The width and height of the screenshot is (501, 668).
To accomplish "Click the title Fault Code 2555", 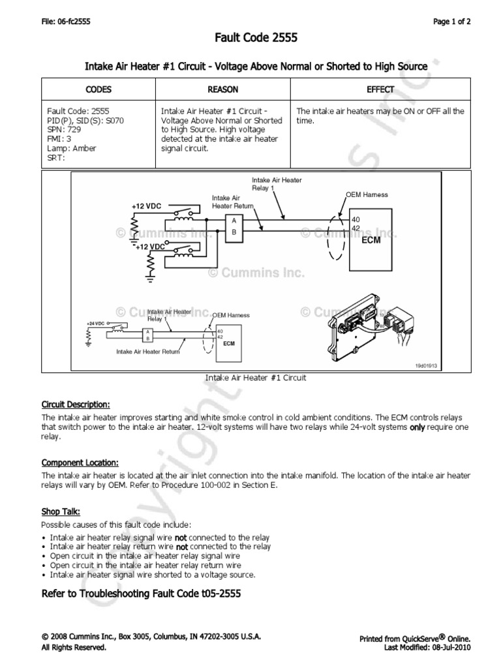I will (x=256, y=38).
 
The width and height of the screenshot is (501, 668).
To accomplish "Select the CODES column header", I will (x=99, y=89).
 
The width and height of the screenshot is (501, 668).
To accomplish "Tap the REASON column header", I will (x=222, y=89).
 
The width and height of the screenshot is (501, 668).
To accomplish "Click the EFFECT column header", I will (x=380, y=89).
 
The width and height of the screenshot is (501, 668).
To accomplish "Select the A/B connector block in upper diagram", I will (x=233, y=226).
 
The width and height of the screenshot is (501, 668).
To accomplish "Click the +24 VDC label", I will (x=95, y=323).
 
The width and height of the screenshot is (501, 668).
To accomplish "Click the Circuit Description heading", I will (x=76, y=404).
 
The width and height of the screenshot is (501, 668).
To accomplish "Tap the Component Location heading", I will (x=80, y=461).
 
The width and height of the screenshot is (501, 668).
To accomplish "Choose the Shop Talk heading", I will (x=61, y=511).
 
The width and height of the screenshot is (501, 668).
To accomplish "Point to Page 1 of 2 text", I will (x=452, y=22).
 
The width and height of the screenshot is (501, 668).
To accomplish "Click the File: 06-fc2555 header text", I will (x=65, y=22).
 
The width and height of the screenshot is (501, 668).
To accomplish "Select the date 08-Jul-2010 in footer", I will (x=443, y=647).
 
